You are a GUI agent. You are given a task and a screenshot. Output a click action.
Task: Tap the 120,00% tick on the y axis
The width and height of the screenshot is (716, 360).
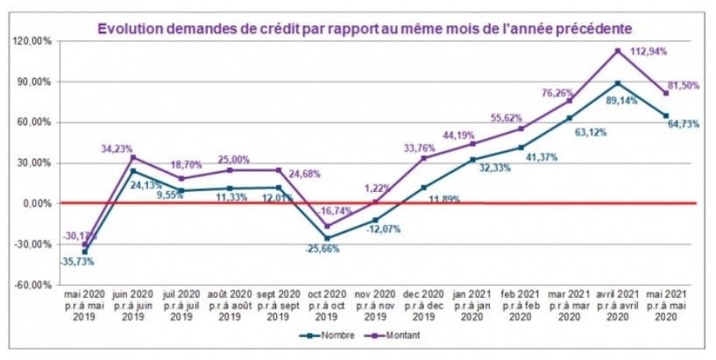(32, 41)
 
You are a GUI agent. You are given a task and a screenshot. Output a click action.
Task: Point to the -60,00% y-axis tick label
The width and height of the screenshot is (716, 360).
(32, 285)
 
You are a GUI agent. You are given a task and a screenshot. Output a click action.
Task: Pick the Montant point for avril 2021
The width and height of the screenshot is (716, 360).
(618, 51)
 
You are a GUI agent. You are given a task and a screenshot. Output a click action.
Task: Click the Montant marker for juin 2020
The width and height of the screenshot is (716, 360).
(133, 158)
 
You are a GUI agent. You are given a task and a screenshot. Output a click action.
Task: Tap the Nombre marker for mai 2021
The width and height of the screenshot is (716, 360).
(667, 116)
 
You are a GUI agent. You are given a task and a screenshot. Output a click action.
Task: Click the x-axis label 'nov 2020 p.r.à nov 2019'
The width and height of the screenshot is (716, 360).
(377, 307)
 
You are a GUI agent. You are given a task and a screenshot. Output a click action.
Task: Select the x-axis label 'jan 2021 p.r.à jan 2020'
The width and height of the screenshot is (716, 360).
(473, 307)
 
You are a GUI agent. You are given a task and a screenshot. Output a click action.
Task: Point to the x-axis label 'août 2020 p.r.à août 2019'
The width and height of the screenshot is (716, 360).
(230, 307)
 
